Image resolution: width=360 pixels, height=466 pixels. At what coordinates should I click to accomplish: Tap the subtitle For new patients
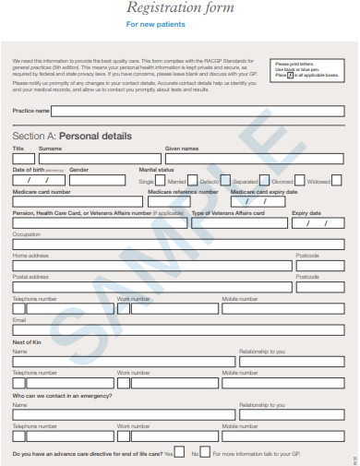point(179,24)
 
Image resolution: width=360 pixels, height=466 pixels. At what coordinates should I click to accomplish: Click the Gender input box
point(101,181)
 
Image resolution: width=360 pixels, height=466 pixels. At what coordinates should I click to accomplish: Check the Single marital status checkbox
point(161,181)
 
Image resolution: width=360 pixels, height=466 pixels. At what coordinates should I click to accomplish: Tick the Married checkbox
point(193,181)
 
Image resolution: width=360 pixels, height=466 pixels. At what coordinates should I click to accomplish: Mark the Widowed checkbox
point(339,181)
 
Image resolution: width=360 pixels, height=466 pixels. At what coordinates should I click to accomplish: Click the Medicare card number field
point(78,202)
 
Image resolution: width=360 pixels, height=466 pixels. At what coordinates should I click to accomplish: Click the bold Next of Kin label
point(27,341)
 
